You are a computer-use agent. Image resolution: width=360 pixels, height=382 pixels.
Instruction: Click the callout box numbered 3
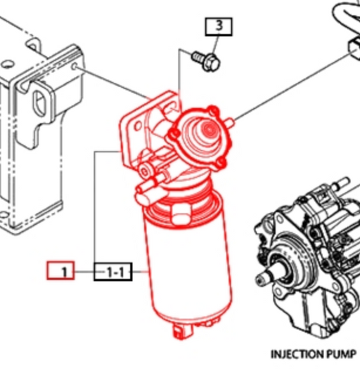click(219, 27)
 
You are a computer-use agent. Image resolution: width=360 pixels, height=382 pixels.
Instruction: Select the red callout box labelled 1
click(60, 270)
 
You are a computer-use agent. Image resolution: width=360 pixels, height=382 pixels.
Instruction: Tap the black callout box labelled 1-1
click(113, 272)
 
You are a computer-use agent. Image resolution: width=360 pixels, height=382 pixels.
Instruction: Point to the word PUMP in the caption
click(340, 354)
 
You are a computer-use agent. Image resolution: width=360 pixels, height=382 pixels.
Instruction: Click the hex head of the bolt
click(211, 62)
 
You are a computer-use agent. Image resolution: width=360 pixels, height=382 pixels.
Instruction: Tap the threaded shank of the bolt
click(198, 58)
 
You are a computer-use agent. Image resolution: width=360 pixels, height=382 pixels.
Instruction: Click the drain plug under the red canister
click(181, 331)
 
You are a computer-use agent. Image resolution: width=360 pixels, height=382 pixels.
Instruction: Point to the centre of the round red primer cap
click(208, 129)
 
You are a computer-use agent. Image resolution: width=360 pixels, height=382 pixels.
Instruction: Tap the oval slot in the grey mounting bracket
click(39, 103)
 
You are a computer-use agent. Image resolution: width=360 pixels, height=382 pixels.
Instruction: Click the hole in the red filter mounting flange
click(138, 126)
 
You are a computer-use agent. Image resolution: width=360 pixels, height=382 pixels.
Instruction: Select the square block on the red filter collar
click(181, 213)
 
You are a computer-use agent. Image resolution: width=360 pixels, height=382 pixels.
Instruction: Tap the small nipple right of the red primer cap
click(230, 122)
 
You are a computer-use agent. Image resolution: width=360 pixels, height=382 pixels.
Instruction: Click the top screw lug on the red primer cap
click(213, 110)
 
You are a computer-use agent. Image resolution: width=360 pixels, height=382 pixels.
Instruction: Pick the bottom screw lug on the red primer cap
click(220, 163)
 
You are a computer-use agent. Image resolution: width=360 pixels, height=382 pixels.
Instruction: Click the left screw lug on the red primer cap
click(174, 133)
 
